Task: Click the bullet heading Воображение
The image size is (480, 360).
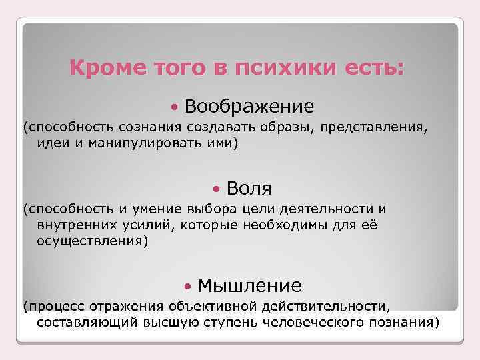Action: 249,106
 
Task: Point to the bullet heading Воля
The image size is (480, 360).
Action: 249,189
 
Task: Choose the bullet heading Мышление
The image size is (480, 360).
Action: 249,286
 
